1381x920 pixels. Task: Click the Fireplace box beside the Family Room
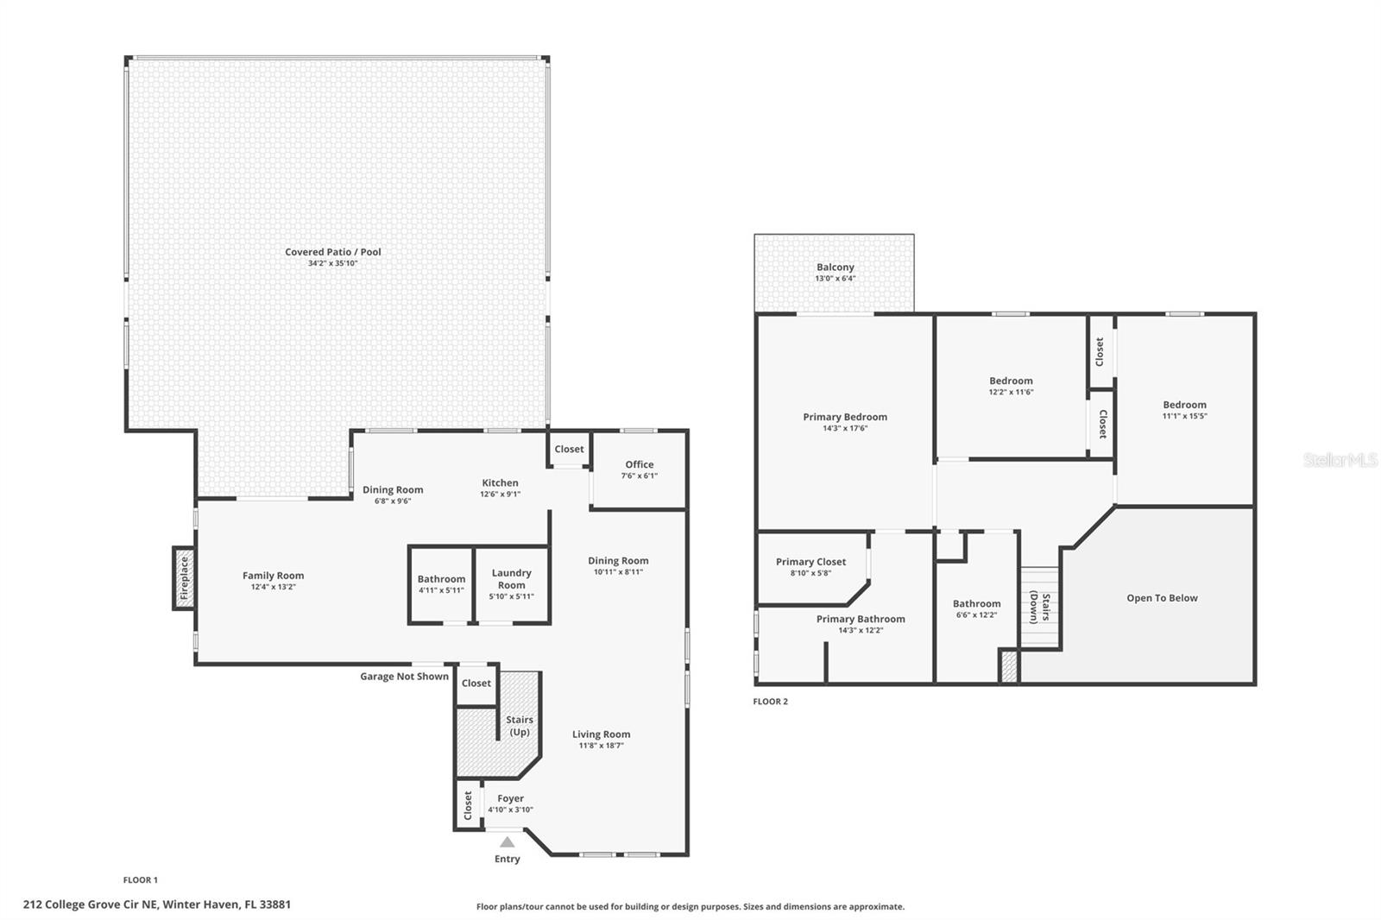click(x=183, y=578)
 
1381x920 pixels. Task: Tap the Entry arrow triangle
click(x=508, y=842)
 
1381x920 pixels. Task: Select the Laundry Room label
click(x=511, y=578)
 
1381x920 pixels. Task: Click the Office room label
click(x=640, y=464)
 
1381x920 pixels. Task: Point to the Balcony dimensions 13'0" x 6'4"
click(x=835, y=279)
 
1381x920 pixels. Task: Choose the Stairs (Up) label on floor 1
click(x=519, y=726)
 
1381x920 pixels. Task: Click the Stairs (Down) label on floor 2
click(x=1039, y=607)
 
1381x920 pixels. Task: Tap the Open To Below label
click(x=1162, y=598)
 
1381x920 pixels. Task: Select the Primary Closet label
click(x=810, y=562)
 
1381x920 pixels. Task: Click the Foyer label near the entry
click(x=510, y=798)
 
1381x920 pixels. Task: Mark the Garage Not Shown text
click(x=404, y=677)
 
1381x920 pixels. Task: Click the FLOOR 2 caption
click(x=770, y=702)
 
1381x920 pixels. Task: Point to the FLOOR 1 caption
click(x=140, y=880)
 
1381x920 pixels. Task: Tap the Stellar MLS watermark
click(x=1340, y=460)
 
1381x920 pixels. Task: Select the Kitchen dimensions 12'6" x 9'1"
click(x=500, y=495)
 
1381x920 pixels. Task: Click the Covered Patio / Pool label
click(x=333, y=252)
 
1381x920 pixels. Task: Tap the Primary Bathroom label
click(x=861, y=619)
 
